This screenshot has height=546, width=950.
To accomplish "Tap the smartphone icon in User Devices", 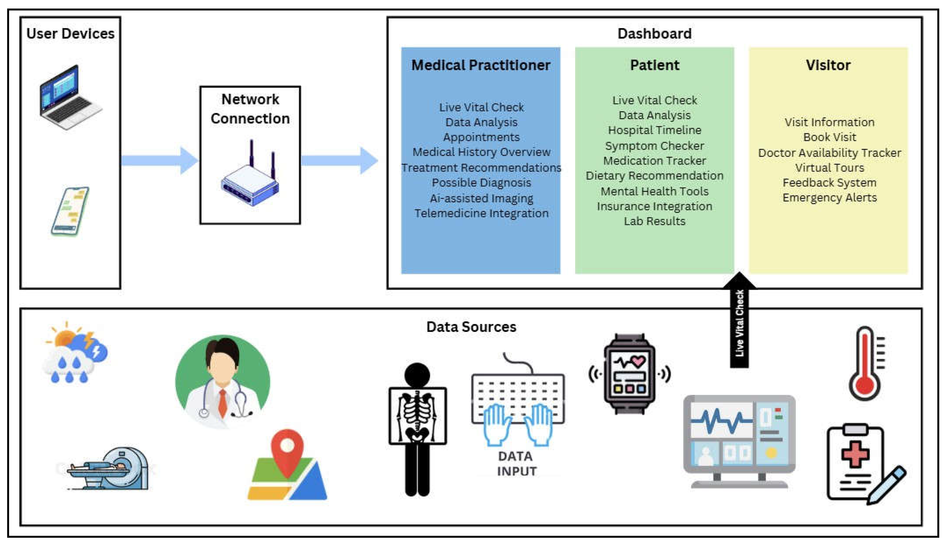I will [70, 211].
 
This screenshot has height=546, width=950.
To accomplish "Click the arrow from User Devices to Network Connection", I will [159, 160].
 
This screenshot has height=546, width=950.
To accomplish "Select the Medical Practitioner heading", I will [481, 65].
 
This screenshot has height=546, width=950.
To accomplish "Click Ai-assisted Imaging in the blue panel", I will [481, 198].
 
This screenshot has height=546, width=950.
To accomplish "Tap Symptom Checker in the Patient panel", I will [654, 146].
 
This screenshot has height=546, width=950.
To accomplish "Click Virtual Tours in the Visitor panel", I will [829, 168].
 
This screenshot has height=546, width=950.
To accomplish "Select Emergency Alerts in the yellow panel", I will [829, 198].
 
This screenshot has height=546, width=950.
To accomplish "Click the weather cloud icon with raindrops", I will [75, 354].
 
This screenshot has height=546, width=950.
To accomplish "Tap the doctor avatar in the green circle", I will [223, 381].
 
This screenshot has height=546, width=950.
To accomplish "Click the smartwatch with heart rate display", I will [630, 374].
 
